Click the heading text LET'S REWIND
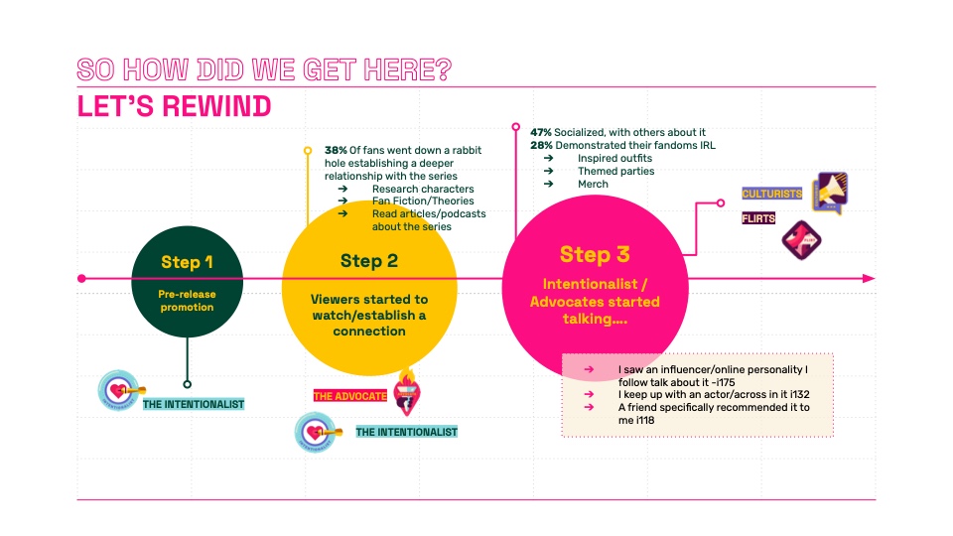175,105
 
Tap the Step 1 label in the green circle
187,263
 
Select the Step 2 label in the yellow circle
369,261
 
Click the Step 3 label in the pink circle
593,254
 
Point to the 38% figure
336,150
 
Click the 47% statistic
541,132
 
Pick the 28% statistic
541,145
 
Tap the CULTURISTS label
771,194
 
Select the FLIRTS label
758,218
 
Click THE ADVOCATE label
350,395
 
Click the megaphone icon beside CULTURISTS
829,194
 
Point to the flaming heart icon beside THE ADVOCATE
406,390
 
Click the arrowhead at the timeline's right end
870,278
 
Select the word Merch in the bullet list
593,185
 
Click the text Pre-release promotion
187,301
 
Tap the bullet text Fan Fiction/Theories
418,201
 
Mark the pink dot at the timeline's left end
81,278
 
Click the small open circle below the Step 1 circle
188,384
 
